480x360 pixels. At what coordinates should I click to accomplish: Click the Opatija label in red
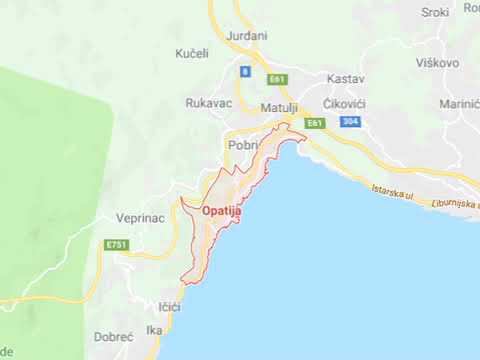click(220, 211)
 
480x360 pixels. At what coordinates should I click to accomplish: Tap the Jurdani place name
click(247, 36)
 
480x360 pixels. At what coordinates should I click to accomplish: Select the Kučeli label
click(191, 52)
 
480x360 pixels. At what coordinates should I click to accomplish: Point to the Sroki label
click(436, 12)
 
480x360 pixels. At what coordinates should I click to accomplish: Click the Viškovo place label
click(437, 62)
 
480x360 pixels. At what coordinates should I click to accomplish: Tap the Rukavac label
click(209, 102)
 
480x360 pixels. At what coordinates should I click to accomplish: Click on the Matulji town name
click(279, 107)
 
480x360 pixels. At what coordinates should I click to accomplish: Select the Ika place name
click(153, 330)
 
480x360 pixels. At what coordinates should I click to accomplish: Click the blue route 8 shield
click(244, 72)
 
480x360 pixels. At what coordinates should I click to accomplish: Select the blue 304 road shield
click(349, 122)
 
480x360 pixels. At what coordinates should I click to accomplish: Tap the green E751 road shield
click(116, 244)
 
